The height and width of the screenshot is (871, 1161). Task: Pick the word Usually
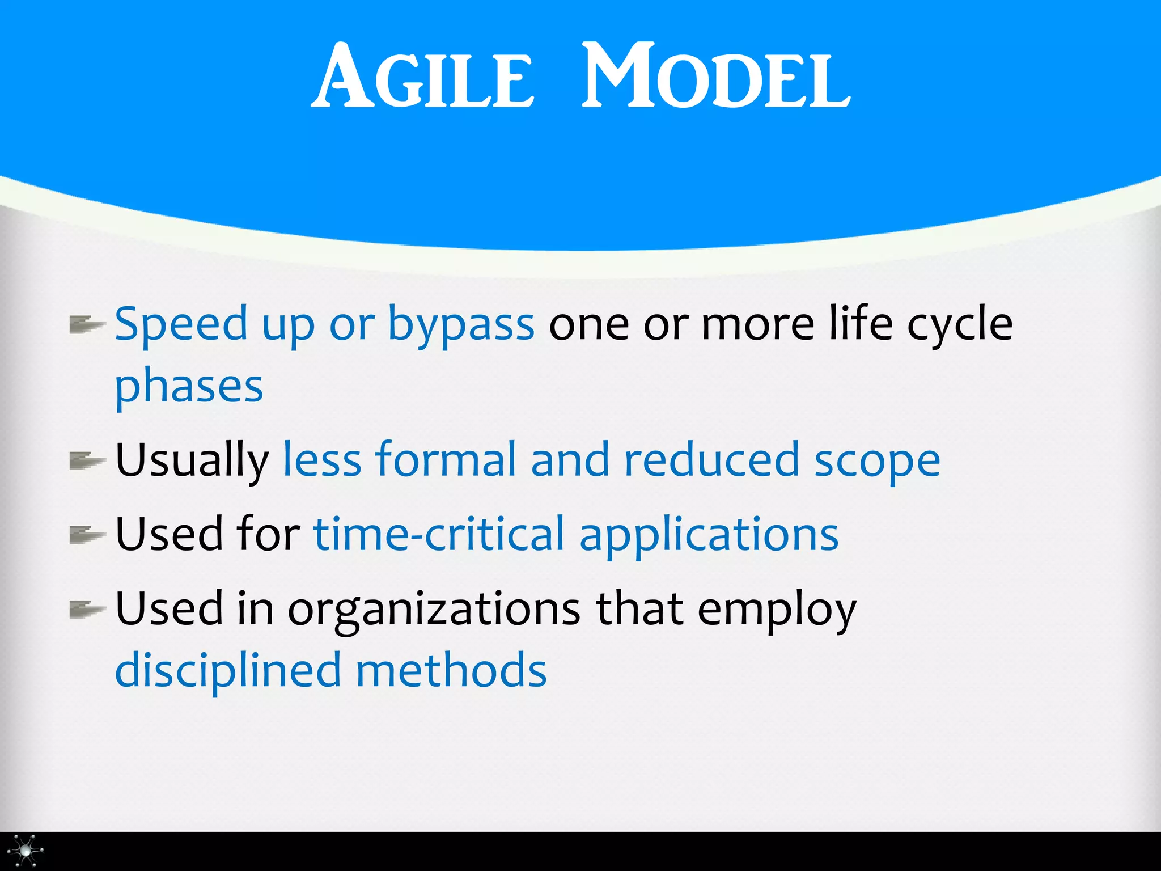pos(192,461)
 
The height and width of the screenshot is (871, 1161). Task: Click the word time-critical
pos(439,534)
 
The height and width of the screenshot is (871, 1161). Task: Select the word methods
pos(451,671)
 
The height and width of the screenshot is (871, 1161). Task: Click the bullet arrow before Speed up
pos(86,325)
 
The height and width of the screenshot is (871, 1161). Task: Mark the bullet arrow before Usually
pos(86,460)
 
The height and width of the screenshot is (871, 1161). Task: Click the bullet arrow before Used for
pos(86,535)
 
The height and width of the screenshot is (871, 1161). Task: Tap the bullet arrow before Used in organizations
pos(86,610)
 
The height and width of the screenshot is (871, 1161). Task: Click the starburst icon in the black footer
pos(26,851)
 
